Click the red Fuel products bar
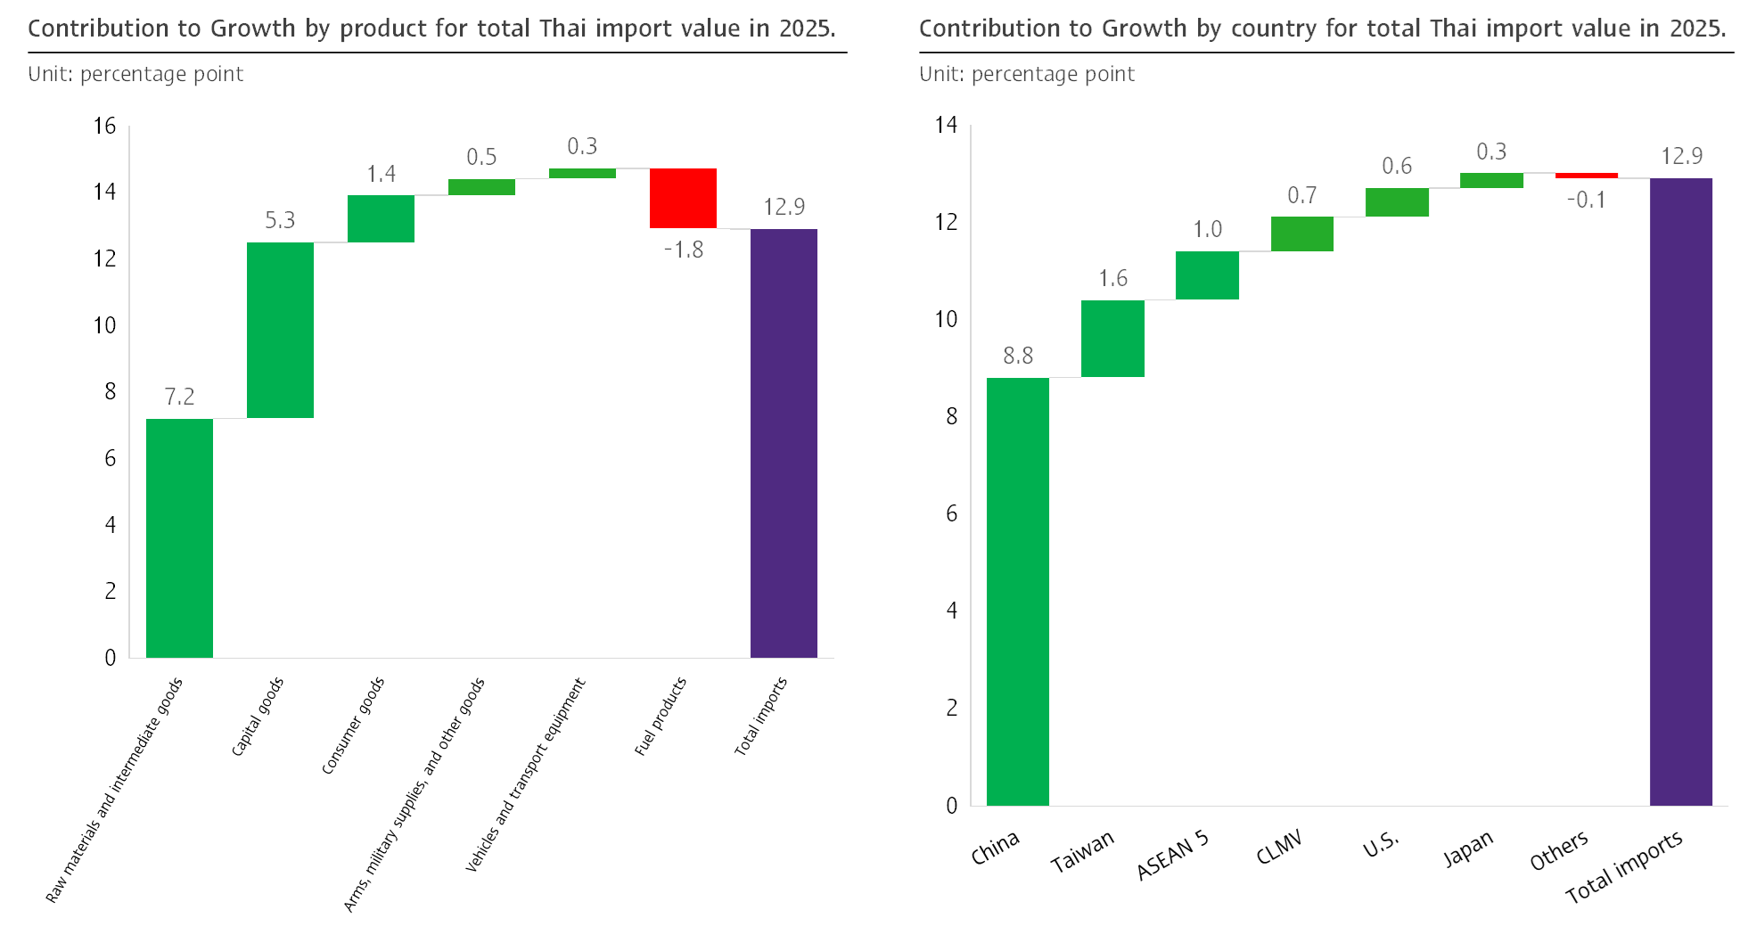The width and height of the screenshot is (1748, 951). tap(683, 198)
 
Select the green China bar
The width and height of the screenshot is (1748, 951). tap(1017, 591)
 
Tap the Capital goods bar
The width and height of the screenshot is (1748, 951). tap(280, 330)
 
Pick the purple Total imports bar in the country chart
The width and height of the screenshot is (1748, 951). tap(1680, 491)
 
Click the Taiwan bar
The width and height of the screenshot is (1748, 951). tap(1112, 339)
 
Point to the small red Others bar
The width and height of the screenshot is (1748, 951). tap(1586, 176)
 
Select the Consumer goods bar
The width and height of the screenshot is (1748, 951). tap(381, 218)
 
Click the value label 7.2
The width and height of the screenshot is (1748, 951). tap(179, 397)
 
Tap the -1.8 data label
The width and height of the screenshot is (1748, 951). tap(684, 250)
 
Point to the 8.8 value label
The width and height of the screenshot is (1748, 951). tap(1017, 356)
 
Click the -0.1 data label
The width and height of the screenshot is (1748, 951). tap(1586, 200)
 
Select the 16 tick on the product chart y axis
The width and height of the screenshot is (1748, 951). tap(105, 126)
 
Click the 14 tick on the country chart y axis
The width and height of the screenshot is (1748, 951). tap(946, 125)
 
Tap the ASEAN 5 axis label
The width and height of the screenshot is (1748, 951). tap(1172, 855)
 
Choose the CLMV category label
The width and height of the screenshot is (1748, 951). tap(1279, 847)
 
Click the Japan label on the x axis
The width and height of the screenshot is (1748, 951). tap(1467, 849)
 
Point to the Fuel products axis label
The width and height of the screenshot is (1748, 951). tap(661, 717)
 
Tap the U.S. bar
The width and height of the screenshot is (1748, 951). tap(1396, 202)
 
